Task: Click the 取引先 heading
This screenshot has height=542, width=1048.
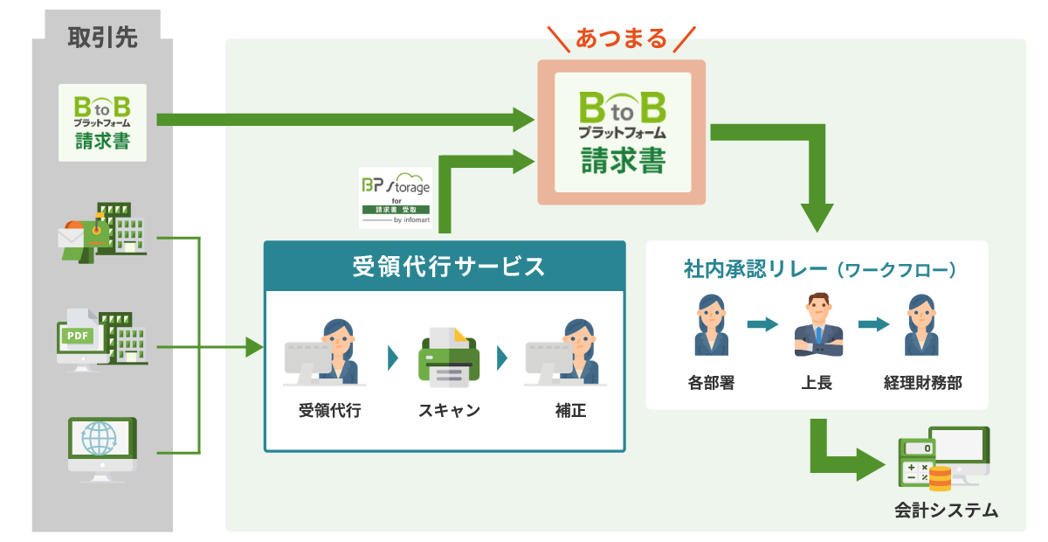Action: [102, 38]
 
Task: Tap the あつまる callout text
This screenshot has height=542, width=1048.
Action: [621, 38]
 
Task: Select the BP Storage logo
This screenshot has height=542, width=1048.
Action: [396, 198]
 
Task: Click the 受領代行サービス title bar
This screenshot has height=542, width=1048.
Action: [445, 267]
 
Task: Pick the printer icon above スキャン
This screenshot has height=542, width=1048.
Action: [449, 358]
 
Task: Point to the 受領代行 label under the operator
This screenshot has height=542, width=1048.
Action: [329, 410]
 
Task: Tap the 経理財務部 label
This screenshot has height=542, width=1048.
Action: [922, 382]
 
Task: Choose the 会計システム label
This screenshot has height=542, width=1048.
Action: [945, 511]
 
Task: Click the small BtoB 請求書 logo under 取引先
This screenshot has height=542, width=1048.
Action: [102, 122]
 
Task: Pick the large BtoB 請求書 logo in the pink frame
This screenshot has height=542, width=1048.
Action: [621, 133]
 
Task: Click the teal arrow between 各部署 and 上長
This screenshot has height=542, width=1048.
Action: [762, 324]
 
